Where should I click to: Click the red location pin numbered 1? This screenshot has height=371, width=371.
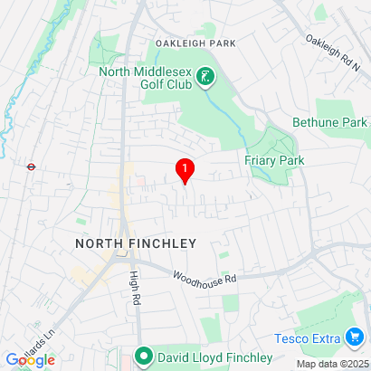[x=185, y=171]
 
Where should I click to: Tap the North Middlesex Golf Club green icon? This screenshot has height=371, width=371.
[x=207, y=78]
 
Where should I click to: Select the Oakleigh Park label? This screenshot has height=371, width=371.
[x=195, y=43]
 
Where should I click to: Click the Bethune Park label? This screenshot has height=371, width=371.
[x=329, y=122]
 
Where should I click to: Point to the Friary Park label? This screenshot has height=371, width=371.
[x=274, y=160]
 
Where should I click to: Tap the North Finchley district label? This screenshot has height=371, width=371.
[x=135, y=244]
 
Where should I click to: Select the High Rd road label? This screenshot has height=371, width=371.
[x=135, y=290]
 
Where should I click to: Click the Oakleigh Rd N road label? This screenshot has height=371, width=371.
[x=332, y=54]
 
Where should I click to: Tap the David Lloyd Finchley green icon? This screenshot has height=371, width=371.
[x=143, y=356]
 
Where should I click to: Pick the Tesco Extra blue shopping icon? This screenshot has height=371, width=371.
[x=356, y=338]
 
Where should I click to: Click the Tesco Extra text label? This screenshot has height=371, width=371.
[x=308, y=338]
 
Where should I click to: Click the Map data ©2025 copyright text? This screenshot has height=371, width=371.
[x=332, y=364]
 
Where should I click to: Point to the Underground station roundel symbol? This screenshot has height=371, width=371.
[x=30, y=166]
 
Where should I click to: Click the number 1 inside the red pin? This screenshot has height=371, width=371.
[x=185, y=166]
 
